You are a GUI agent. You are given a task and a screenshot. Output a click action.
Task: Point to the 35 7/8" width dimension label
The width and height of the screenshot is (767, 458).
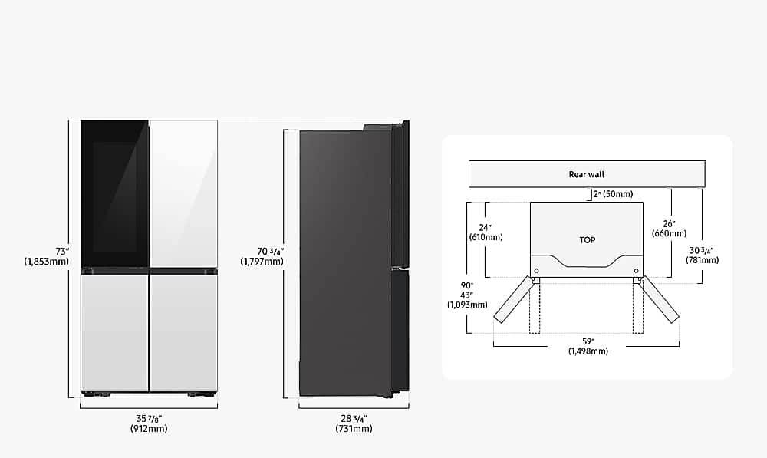coord(149,423)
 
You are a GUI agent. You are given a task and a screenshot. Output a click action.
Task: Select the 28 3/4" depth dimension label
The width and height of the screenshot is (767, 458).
coord(354,423)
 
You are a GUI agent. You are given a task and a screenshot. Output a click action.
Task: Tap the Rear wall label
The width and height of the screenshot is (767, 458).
coord(587,174)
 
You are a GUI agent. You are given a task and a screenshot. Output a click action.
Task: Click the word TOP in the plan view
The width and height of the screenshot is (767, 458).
coord(587,240)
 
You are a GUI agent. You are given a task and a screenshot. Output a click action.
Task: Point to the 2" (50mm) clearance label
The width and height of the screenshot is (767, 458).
coord(613,194)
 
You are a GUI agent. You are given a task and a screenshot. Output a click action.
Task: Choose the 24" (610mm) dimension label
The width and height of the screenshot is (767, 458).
coord(486,232)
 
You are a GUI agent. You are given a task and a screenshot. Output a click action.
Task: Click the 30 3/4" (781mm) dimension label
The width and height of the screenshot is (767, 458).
coord(703,255)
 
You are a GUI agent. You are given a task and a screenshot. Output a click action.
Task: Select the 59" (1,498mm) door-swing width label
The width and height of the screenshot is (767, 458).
coord(588,345)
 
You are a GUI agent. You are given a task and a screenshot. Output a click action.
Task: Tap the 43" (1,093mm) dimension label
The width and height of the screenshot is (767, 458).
coord(467,299)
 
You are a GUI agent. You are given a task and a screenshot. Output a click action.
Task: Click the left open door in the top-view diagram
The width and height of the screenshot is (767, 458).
coord(512,299)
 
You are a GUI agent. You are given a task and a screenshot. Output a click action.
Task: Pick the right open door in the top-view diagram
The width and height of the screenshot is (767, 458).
coord(660,299)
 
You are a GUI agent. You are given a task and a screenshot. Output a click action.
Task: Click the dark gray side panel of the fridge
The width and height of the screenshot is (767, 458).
coord(345,261)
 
